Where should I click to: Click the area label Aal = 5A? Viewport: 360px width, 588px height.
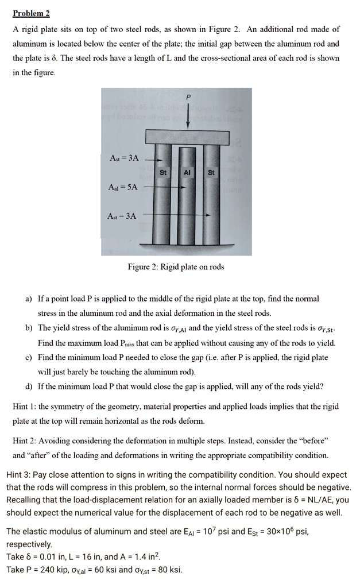click(x=123, y=187)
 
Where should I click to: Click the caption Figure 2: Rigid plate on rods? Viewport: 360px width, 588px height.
click(x=176, y=266)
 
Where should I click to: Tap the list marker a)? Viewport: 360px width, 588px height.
click(x=28, y=299)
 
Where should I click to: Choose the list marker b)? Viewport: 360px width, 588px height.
click(x=28, y=328)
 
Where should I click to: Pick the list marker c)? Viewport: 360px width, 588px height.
click(x=28, y=357)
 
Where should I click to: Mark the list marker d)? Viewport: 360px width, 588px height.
click(x=28, y=386)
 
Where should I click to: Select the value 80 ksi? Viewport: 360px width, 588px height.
click(x=168, y=570)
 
